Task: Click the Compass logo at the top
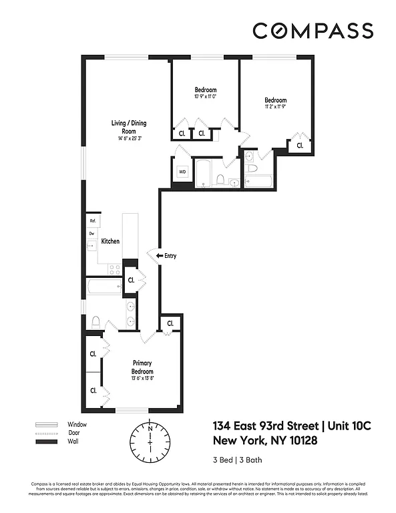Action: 313,31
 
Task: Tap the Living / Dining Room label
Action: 129,127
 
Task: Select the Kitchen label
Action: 110,241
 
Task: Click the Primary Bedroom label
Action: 142,368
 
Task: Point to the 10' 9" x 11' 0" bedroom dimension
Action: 206,97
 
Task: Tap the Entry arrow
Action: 160,255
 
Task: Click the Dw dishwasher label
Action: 91,233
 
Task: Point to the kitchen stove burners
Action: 114,270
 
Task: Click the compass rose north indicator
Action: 151,427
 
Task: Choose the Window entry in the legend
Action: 77,424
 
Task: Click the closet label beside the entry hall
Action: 132,280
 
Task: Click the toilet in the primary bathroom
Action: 95,322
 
